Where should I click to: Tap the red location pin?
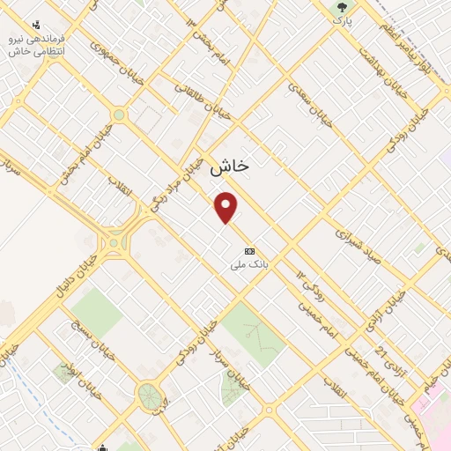pos(227,207)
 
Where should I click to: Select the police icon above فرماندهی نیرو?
pos(35,26)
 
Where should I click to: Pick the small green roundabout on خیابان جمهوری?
pos(119,115)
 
